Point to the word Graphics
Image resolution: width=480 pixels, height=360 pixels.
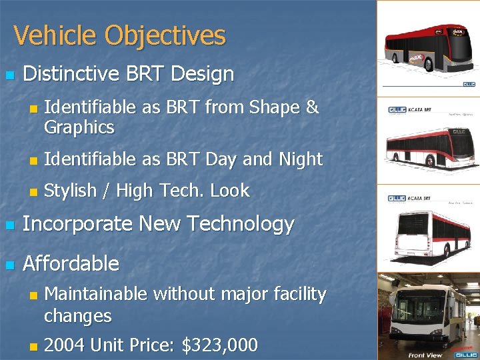pyautogui.click(x=79, y=127)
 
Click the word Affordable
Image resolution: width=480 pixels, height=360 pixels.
pyautogui.click(x=71, y=263)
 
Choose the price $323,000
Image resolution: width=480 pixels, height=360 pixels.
pyautogui.click(x=219, y=345)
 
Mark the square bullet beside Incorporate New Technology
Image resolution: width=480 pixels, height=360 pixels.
pyautogui.click(x=9, y=225)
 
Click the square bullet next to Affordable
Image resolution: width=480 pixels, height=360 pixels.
pyautogui.click(x=9, y=265)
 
